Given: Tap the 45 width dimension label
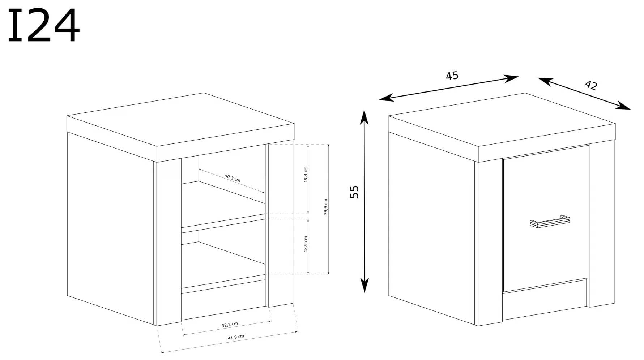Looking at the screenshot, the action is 452,76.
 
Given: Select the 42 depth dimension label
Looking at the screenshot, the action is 591,85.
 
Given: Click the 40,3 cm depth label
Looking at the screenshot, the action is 233,178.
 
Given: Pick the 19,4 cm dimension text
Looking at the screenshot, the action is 306,175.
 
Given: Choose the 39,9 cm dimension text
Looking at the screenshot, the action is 326,207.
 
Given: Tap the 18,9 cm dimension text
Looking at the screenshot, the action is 306,244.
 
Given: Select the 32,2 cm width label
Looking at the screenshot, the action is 230,325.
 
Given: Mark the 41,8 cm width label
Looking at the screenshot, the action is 236,337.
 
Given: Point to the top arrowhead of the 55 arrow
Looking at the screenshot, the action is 364,116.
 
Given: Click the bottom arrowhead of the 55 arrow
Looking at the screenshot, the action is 364,284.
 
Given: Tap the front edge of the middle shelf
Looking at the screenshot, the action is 223,224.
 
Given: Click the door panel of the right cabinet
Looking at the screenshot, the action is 546,218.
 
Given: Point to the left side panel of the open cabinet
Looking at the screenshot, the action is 110,229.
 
